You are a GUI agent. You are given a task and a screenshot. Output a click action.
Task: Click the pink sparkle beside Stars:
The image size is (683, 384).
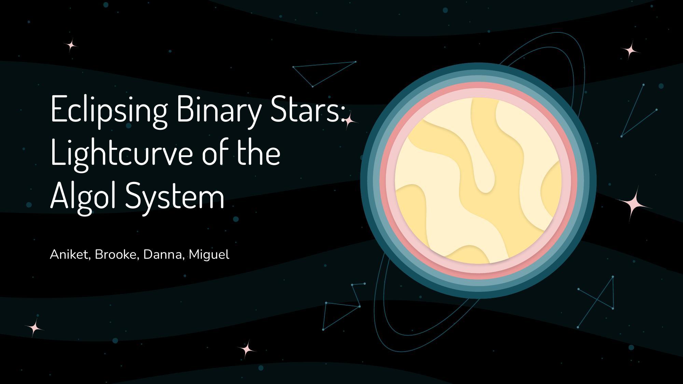tap(349, 121)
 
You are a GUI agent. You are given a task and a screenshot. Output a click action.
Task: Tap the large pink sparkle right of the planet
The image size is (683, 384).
tap(633, 204)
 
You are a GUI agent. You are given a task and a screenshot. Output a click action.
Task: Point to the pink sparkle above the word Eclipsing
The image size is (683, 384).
tap(71, 45)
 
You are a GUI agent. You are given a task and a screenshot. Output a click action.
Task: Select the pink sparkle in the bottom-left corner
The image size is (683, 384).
tap(34, 328)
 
